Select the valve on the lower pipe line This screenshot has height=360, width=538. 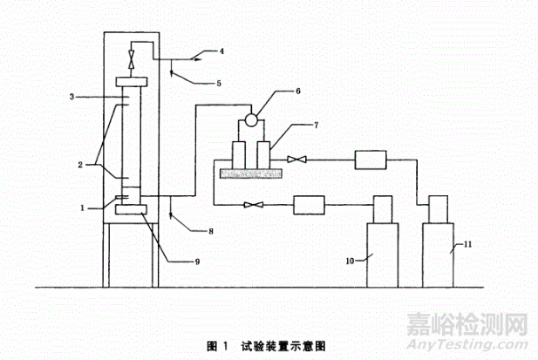pos(252,204)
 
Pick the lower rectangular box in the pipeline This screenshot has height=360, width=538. pos(310,204)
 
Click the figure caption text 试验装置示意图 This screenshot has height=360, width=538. pos(283,344)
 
